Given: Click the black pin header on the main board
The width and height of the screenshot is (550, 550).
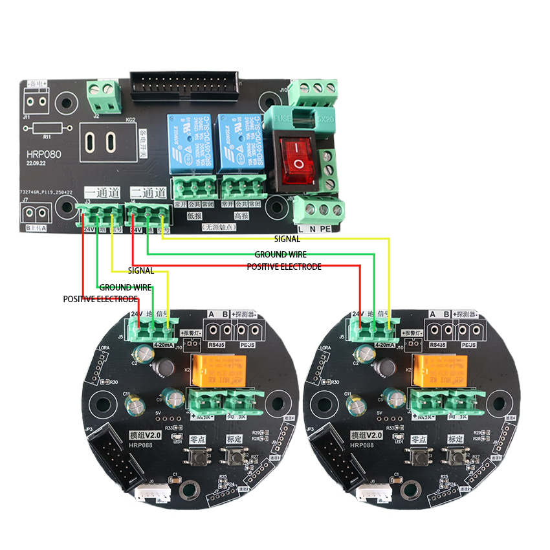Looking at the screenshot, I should pyautogui.click(x=184, y=84).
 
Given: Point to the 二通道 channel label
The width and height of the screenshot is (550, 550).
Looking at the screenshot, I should pyautogui.click(x=148, y=193).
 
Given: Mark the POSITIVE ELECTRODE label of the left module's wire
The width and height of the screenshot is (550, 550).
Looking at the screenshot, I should pyautogui.click(x=100, y=300).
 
